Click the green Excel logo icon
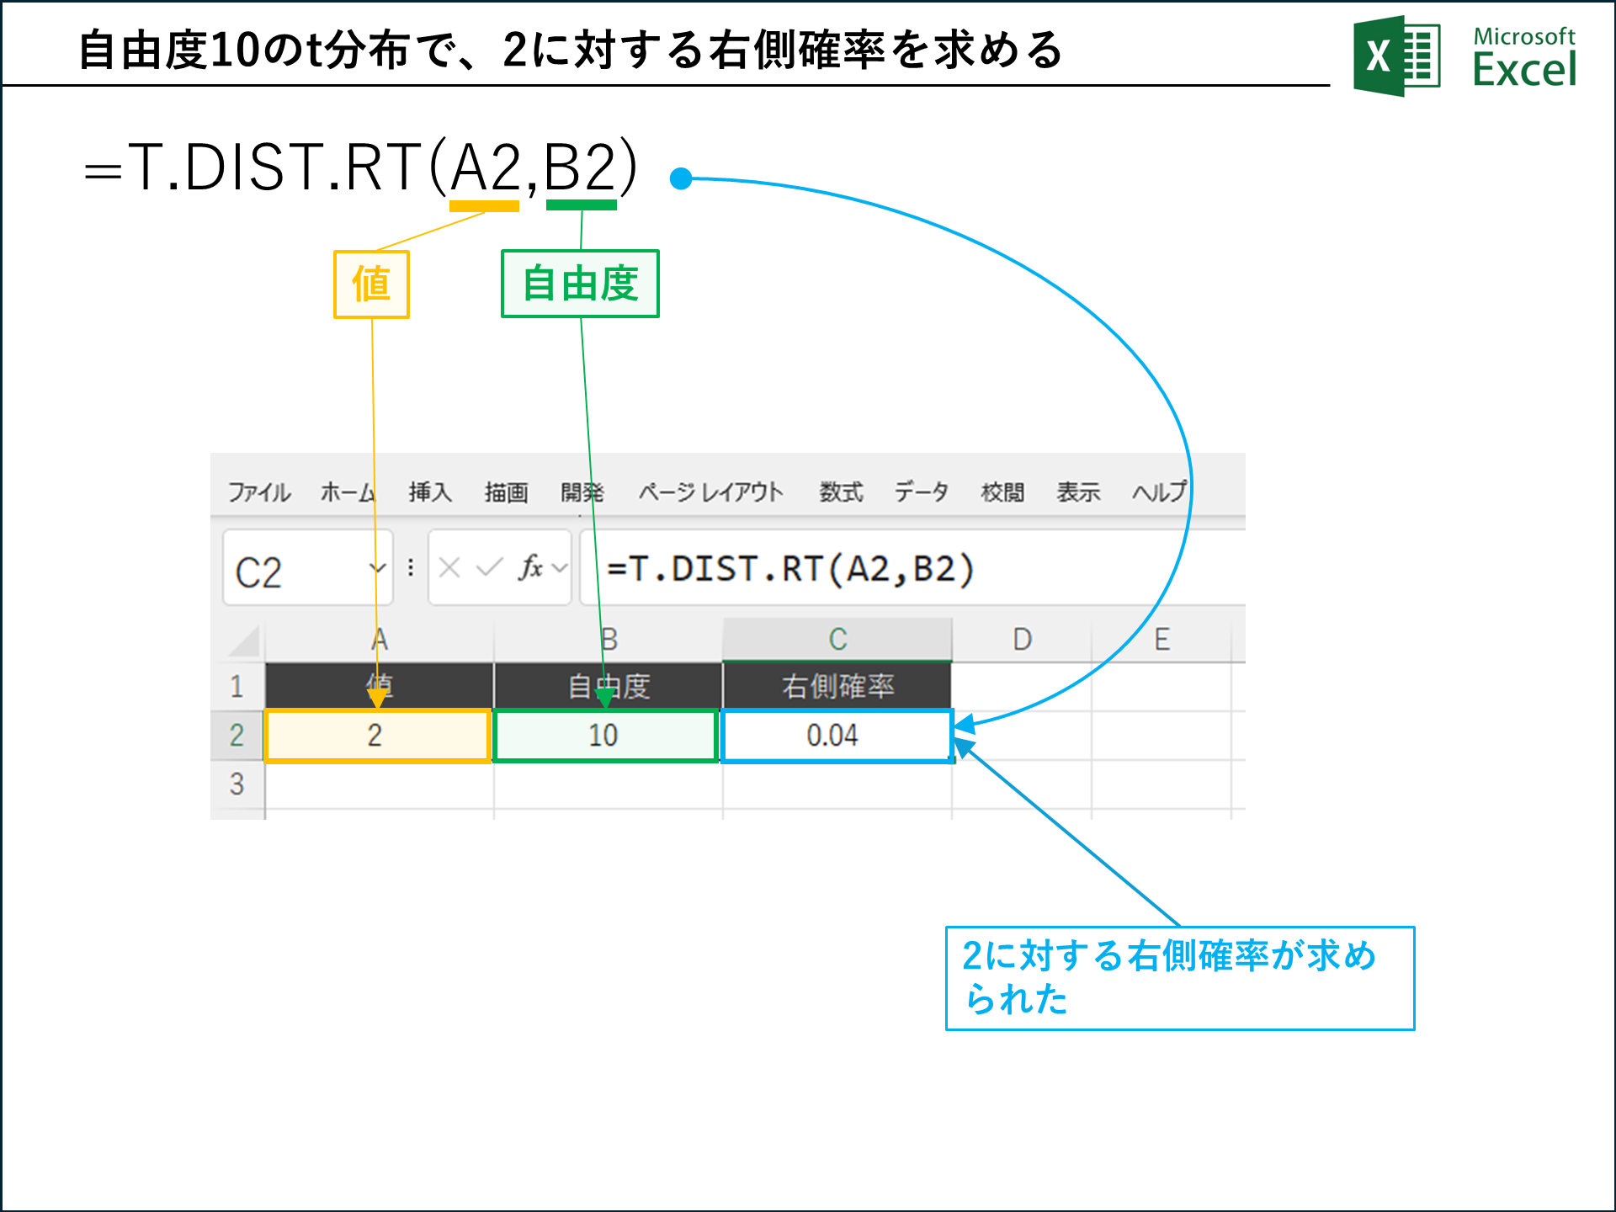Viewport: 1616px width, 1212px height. tap(1396, 56)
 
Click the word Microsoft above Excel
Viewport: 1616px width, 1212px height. tap(1523, 36)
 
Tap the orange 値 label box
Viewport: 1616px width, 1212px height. tap(371, 284)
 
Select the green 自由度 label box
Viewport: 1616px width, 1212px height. tap(580, 284)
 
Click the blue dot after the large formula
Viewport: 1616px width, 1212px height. tap(681, 178)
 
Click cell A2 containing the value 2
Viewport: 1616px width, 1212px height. tap(377, 736)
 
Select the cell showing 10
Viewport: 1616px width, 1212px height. tap(605, 736)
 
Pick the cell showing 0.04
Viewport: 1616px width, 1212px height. tap(836, 736)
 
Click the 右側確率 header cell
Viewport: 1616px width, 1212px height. tap(837, 686)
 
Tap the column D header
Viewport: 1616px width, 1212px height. tap(1022, 640)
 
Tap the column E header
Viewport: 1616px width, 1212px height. tap(1161, 640)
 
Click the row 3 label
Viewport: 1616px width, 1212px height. tap(237, 784)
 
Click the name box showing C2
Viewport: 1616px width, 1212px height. tap(295, 571)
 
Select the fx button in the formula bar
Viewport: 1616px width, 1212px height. tap(530, 568)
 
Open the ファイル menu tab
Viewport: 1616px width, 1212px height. tap(259, 492)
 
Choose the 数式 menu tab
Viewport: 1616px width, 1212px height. tap(841, 492)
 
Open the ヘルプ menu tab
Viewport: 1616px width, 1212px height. tap(1159, 492)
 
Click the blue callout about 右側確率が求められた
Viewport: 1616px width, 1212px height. tap(1179, 978)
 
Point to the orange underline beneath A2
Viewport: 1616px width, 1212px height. tap(484, 205)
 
